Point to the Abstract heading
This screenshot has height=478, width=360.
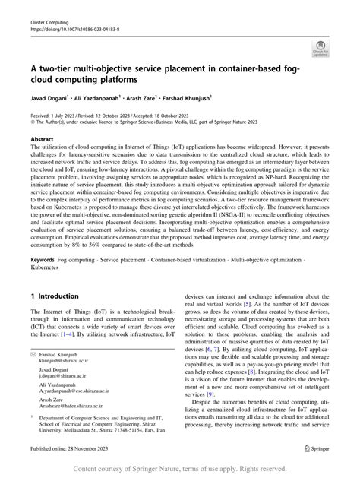[x=42, y=140]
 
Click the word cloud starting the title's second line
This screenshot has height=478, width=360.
[x=46, y=78]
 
